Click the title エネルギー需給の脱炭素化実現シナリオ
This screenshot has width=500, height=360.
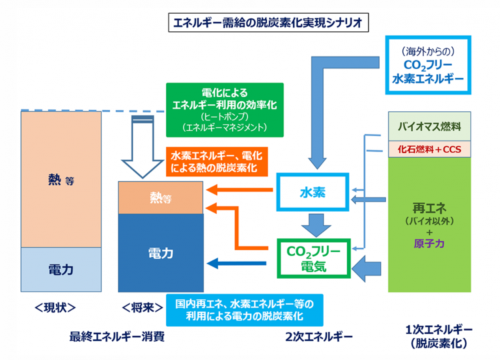point(268,23)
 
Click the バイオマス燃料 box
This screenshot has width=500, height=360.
point(429,126)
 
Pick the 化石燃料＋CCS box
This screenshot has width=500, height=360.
point(429,149)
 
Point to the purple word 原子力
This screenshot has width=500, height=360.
point(429,243)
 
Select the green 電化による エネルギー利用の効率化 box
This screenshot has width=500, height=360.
point(225,110)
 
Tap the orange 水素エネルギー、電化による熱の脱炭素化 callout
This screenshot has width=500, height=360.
point(217,161)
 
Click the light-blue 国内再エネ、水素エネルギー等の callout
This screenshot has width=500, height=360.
point(245,310)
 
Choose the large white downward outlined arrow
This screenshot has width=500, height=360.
point(143,146)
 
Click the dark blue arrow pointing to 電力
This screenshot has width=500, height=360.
point(236,264)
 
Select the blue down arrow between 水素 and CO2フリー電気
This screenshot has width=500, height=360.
point(316,225)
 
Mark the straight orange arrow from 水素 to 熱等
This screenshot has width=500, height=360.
point(240,190)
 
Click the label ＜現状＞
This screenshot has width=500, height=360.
point(55,308)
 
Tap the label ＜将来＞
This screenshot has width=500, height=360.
point(142,308)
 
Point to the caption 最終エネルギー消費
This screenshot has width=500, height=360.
point(117,337)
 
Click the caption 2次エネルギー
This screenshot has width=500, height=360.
point(319,337)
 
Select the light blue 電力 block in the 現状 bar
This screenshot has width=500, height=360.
point(61,270)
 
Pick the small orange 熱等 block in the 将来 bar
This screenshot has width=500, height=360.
point(161,198)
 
